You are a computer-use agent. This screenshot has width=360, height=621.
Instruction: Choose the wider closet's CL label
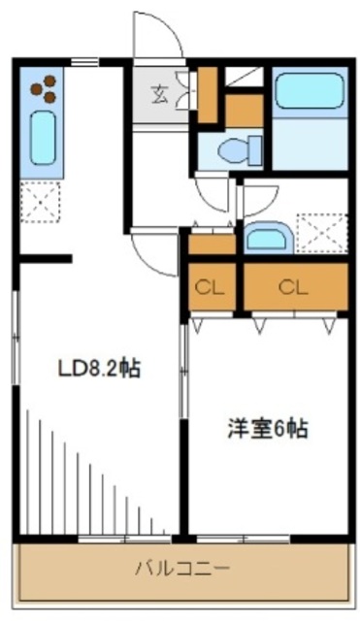[x=293, y=287]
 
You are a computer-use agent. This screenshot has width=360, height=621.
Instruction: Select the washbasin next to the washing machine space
[x=264, y=237]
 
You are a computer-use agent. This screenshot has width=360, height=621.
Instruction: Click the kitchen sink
[x=42, y=139]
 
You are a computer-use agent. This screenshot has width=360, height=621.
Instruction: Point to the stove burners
[x=45, y=90]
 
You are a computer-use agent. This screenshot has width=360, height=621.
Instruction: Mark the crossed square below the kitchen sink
[x=40, y=202]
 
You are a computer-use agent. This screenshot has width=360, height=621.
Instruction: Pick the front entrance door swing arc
[x=158, y=37]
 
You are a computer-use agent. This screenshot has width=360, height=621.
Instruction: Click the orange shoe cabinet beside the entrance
[x=207, y=95]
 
